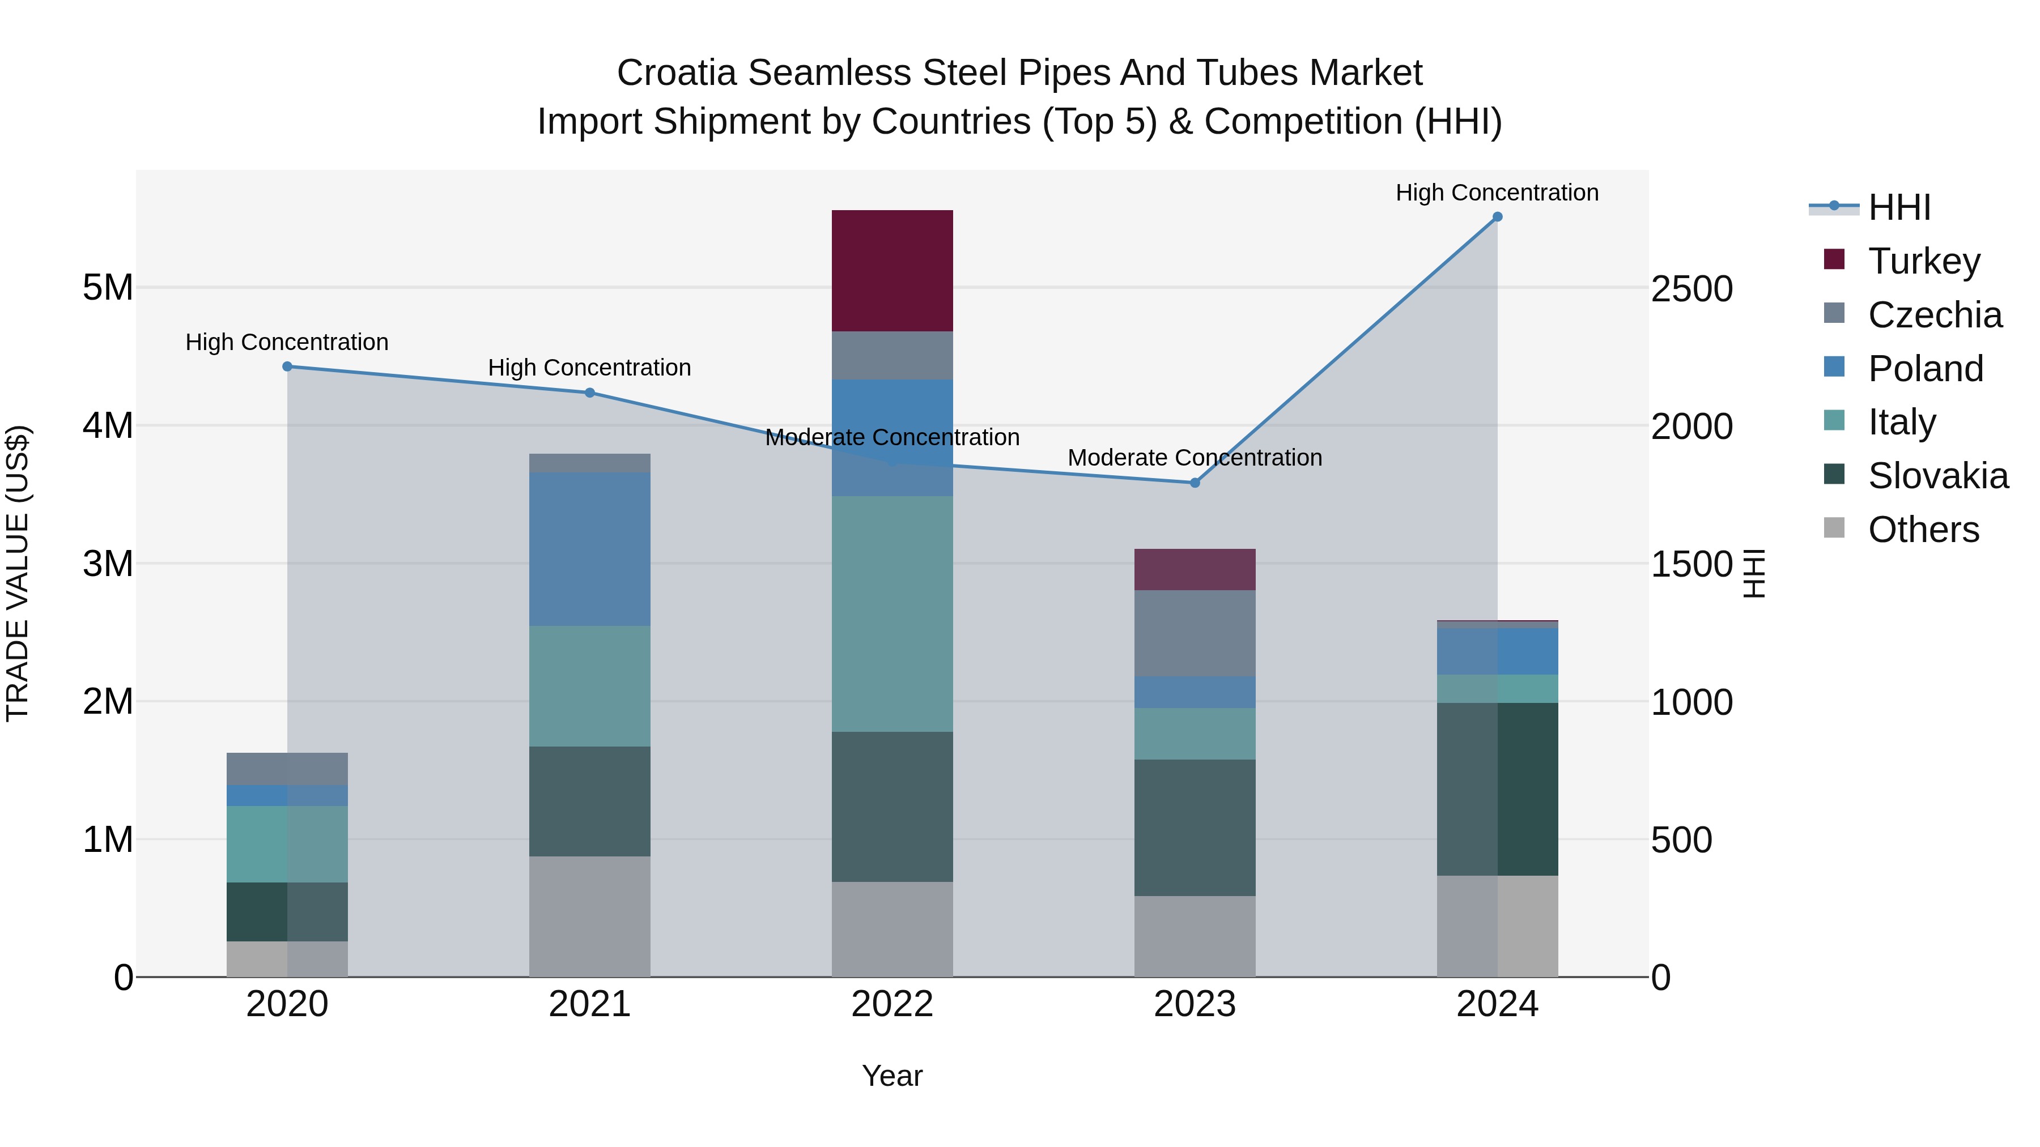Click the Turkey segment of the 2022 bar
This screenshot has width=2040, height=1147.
pyautogui.click(x=892, y=271)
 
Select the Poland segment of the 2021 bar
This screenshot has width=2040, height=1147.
pyautogui.click(x=589, y=549)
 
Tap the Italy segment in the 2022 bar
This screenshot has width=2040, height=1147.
pyautogui.click(x=892, y=613)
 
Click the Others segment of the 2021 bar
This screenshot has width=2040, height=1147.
pyautogui.click(x=589, y=916)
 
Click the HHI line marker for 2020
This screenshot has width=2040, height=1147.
pyautogui.click(x=287, y=366)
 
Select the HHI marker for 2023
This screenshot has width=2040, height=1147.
pyautogui.click(x=1195, y=483)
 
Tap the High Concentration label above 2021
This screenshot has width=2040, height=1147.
pyautogui.click(x=589, y=368)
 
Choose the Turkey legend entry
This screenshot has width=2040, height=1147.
pyautogui.click(x=1924, y=261)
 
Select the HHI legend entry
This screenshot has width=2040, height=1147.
pyautogui.click(x=1898, y=207)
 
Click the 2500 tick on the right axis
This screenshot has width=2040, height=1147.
pyautogui.click(x=1691, y=289)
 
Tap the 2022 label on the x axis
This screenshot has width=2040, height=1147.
pyautogui.click(x=892, y=1004)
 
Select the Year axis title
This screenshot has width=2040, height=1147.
pyautogui.click(x=892, y=1076)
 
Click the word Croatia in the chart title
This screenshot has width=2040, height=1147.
pyautogui.click(x=677, y=73)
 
